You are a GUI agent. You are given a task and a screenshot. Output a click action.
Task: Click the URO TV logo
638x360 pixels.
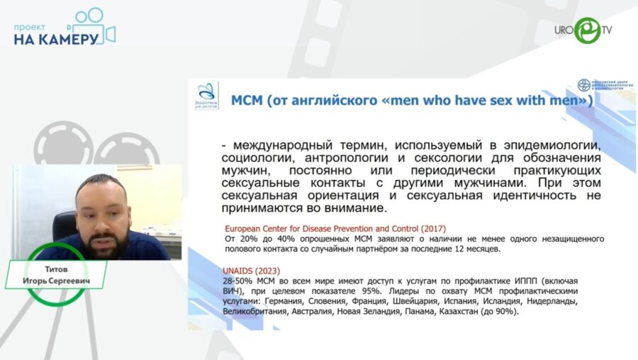coord(584,30)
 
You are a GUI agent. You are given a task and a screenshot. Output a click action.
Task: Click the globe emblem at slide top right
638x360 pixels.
coord(583,85)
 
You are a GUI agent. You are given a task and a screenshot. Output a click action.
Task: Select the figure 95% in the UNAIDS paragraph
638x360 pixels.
coord(376,291)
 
